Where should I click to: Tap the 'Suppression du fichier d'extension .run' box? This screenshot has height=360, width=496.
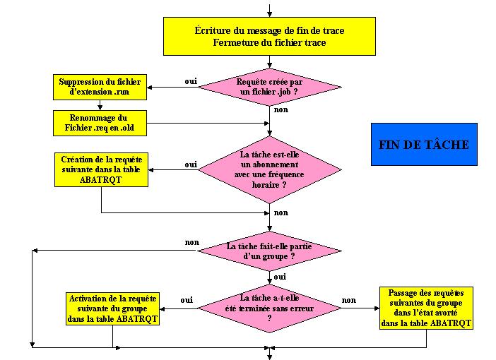coord(100,88)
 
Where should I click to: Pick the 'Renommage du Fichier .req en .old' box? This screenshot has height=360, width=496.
coord(100,121)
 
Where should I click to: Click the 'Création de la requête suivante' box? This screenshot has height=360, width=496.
coord(101,170)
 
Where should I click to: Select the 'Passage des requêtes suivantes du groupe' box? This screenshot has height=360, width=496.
coord(426,308)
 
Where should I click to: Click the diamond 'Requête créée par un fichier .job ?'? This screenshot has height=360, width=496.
coord(269,88)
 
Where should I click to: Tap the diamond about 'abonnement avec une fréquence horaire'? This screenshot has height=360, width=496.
coord(269,169)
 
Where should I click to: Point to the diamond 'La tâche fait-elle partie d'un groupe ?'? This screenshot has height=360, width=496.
coord(269,251)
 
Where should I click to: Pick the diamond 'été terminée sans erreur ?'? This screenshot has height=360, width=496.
coord(269,308)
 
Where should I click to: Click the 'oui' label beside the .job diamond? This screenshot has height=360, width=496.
coord(191,81)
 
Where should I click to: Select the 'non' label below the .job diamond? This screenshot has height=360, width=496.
coord(281,110)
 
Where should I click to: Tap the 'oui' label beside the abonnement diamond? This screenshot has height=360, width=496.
coord(191,164)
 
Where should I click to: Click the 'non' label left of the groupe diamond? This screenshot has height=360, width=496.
coord(192,242)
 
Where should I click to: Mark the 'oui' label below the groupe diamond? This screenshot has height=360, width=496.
coord(280,277)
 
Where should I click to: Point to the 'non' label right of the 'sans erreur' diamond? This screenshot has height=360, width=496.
coord(348,300)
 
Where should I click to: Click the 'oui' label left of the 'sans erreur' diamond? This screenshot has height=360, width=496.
coord(187,300)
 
